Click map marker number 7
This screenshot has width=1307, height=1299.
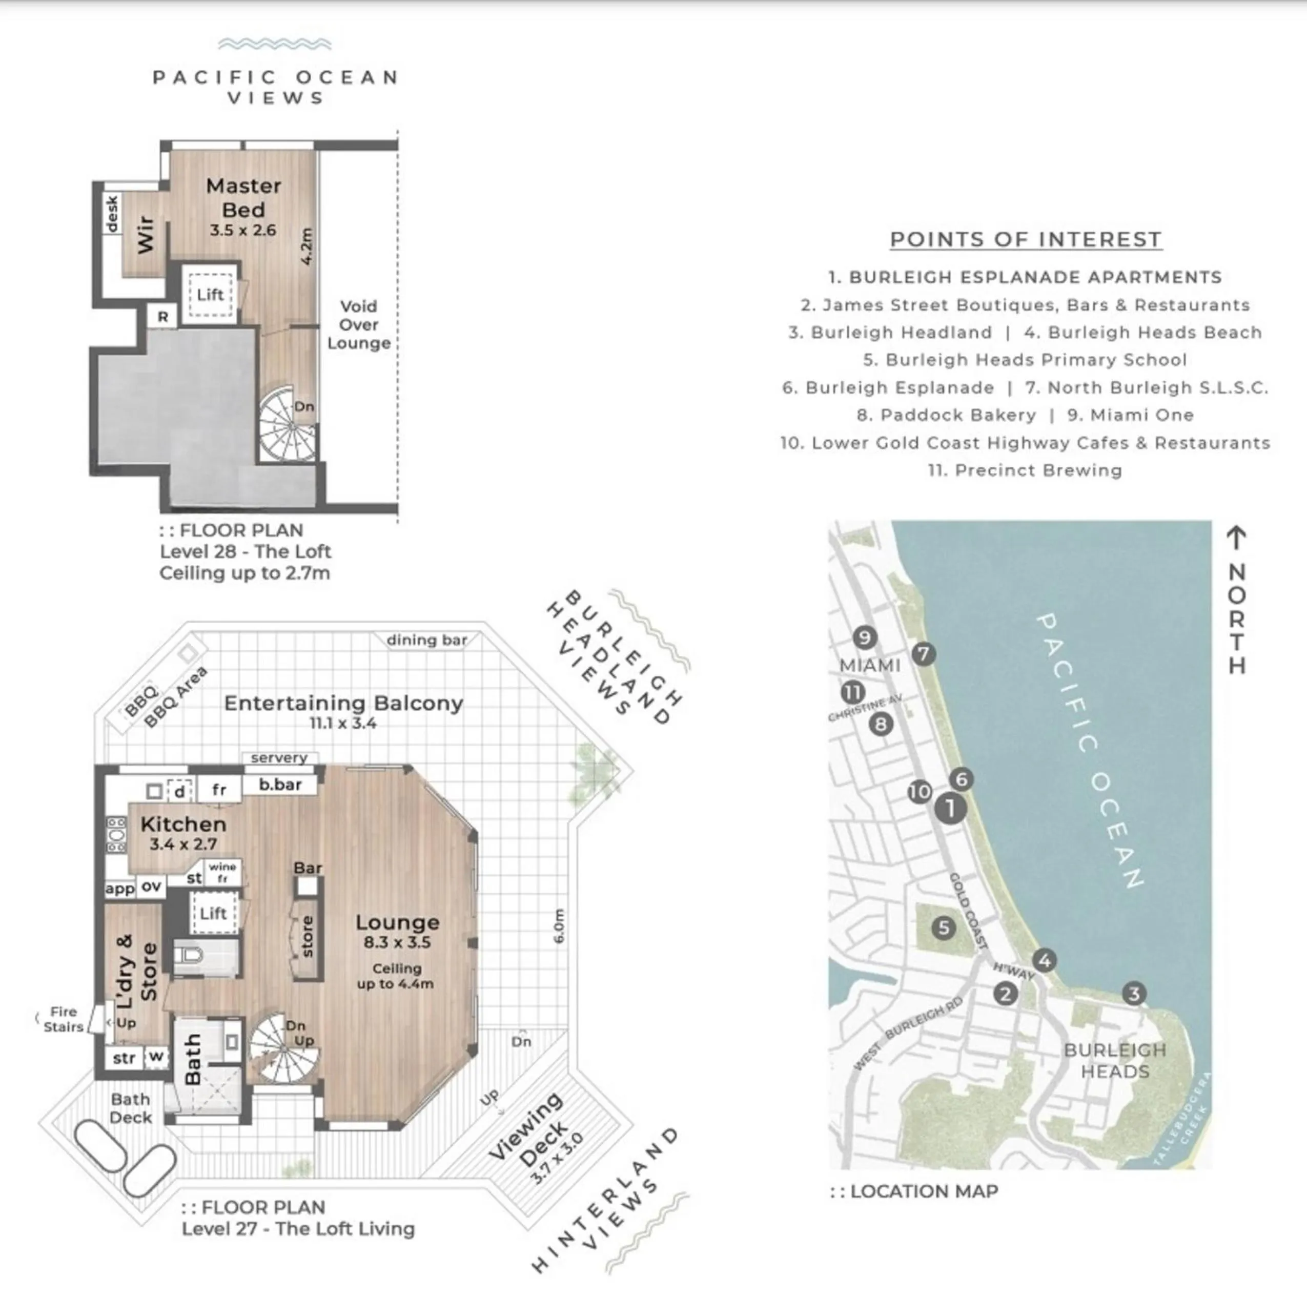tap(924, 654)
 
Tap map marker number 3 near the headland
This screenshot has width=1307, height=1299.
tap(1134, 994)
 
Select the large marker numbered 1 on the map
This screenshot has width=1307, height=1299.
tap(950, 808)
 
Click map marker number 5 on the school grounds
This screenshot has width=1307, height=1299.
tap(943, 927)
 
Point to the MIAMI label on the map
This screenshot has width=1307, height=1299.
tap(869, 666)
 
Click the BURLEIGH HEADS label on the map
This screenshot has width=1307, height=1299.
tap(1114, 1060)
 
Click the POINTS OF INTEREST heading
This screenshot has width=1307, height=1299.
tap(1025, 239)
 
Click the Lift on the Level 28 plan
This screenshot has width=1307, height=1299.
tap(210, 295)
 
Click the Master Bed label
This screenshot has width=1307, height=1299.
tap(243, 197)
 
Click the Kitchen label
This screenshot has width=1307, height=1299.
tap(183, 824)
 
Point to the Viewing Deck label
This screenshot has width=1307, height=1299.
tap(535, 1130)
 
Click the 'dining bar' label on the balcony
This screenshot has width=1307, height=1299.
tap(426, 640)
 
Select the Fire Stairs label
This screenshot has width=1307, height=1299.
tap(63, 1019)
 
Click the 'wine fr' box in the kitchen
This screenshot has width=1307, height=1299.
tap(222, 872)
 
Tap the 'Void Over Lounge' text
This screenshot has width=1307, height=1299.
tap(359, 324)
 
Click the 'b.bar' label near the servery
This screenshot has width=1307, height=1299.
tap(280, 785)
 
